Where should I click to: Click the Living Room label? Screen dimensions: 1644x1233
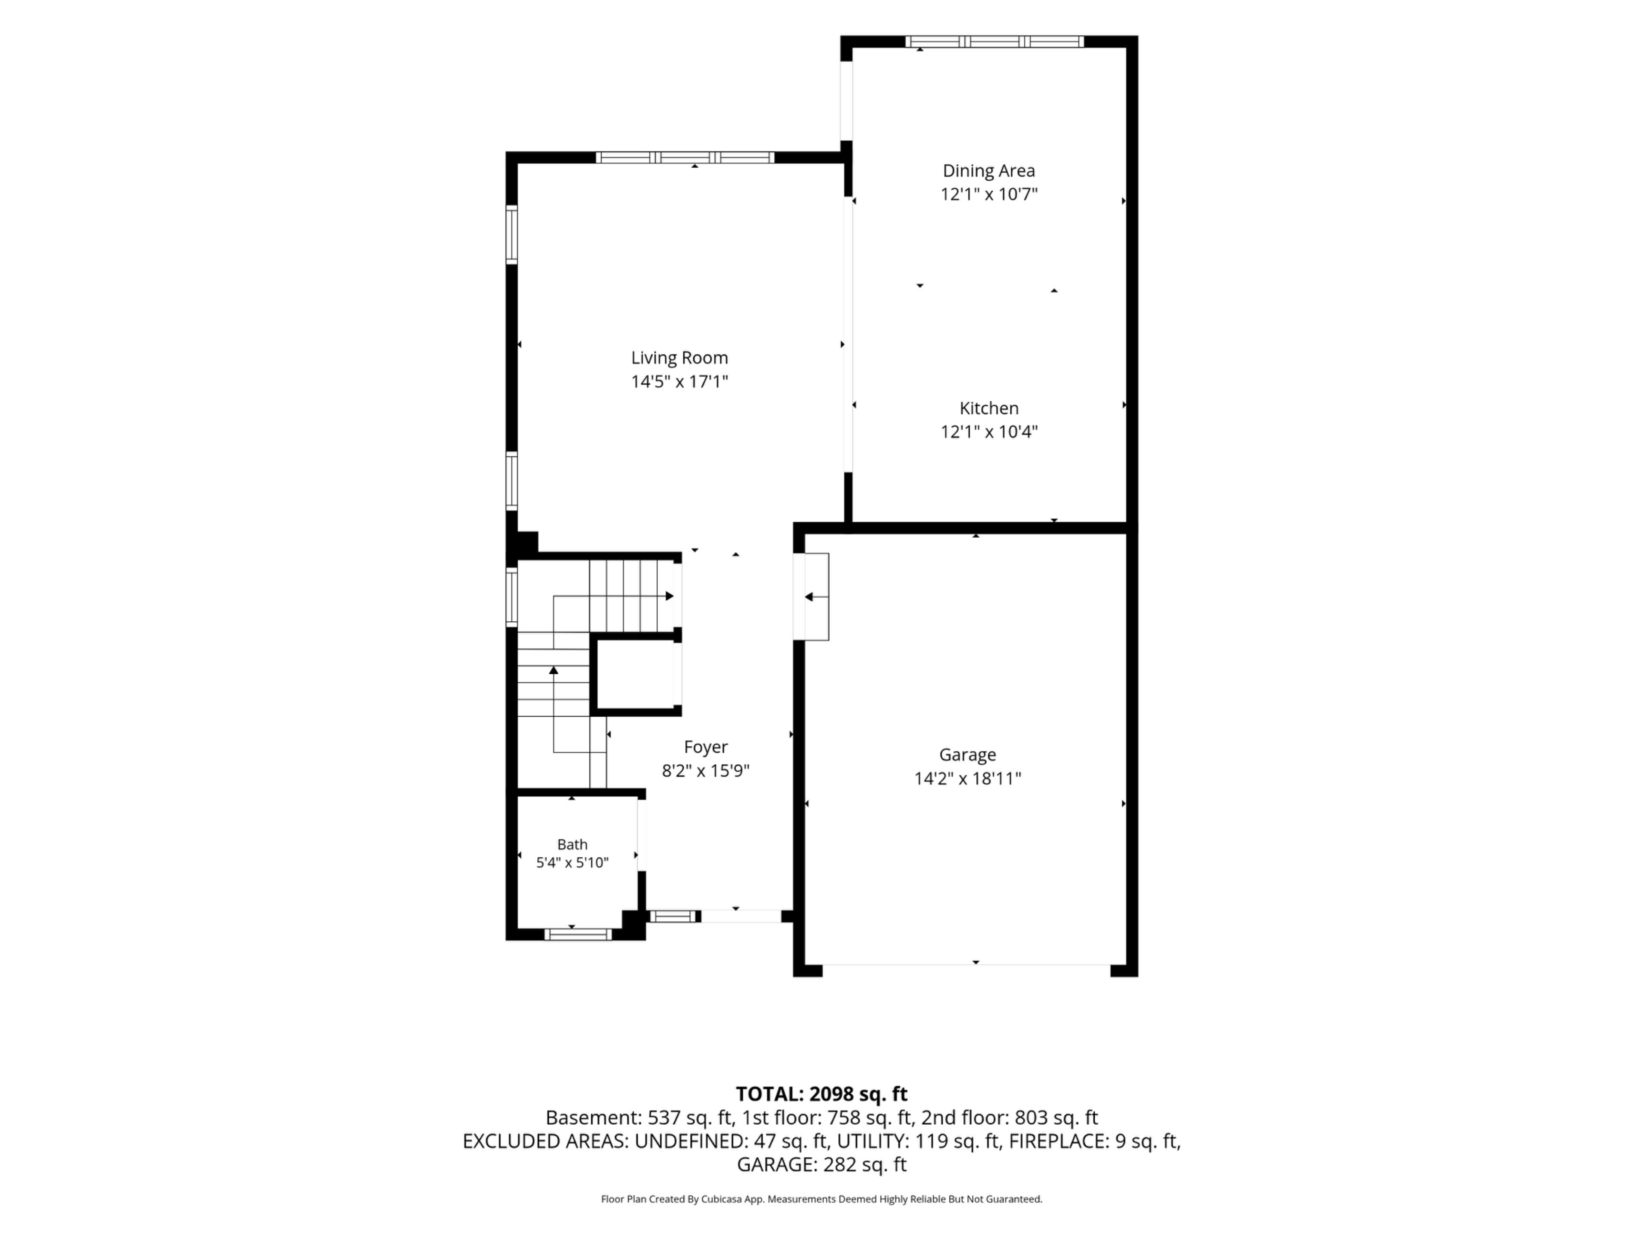pyautogui.click(x=679, y=357)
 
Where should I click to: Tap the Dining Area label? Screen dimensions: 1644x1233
pyautogui.click(x=989, y=171)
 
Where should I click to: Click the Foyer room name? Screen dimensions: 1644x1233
pyautogui.click(x=705, y=747)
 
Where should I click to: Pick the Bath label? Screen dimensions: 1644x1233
pyautogui.click(x=572, y=844)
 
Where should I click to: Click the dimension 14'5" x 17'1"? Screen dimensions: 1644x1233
pyautogui.click(x=679, y=381)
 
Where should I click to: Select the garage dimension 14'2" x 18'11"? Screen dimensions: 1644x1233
pyautogui.click(x=967, y=779)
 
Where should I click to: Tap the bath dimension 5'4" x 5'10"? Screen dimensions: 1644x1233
pyautogui.click(x=572, y=863)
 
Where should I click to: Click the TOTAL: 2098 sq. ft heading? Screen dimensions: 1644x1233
pyautogui.click(x=821, y=1094)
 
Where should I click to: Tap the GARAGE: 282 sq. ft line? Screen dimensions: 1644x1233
pyautogui.click(x=821, y=1164)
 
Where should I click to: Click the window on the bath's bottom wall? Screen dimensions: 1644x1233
pyautogui.click(x=578, y=934)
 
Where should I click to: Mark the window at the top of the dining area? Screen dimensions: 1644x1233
pyautogui.click(x=995, y=42)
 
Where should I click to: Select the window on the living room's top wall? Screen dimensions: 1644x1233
pyautogui.click(x=685, y=158)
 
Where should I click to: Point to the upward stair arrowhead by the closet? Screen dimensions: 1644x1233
pyautogui.click(x=554, y=670)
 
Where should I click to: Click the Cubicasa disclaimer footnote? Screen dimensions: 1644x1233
pyautogui.click(x=821, y=1199)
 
